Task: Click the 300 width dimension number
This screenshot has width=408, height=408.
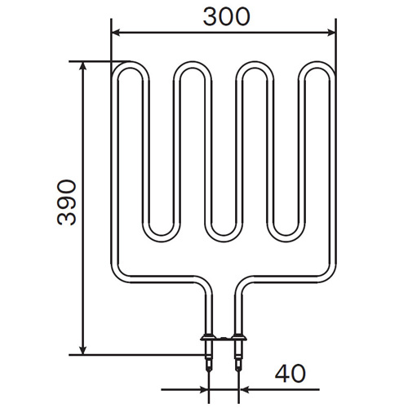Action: [226, 17]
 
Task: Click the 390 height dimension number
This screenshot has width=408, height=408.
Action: [67, 202]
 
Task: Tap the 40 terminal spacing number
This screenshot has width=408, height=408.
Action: [290, 373]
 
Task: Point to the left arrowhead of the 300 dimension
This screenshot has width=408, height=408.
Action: [116, 33]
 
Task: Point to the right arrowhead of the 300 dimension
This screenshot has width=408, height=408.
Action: [331, 33]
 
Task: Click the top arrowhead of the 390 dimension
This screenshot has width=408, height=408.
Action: [83, 66]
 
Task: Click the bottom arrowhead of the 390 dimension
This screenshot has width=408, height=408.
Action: [83, 350]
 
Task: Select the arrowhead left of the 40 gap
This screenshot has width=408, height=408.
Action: [204, 389]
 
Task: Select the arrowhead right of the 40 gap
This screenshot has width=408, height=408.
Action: [244, 389]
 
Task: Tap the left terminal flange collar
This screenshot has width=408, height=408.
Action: [208, 338]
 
